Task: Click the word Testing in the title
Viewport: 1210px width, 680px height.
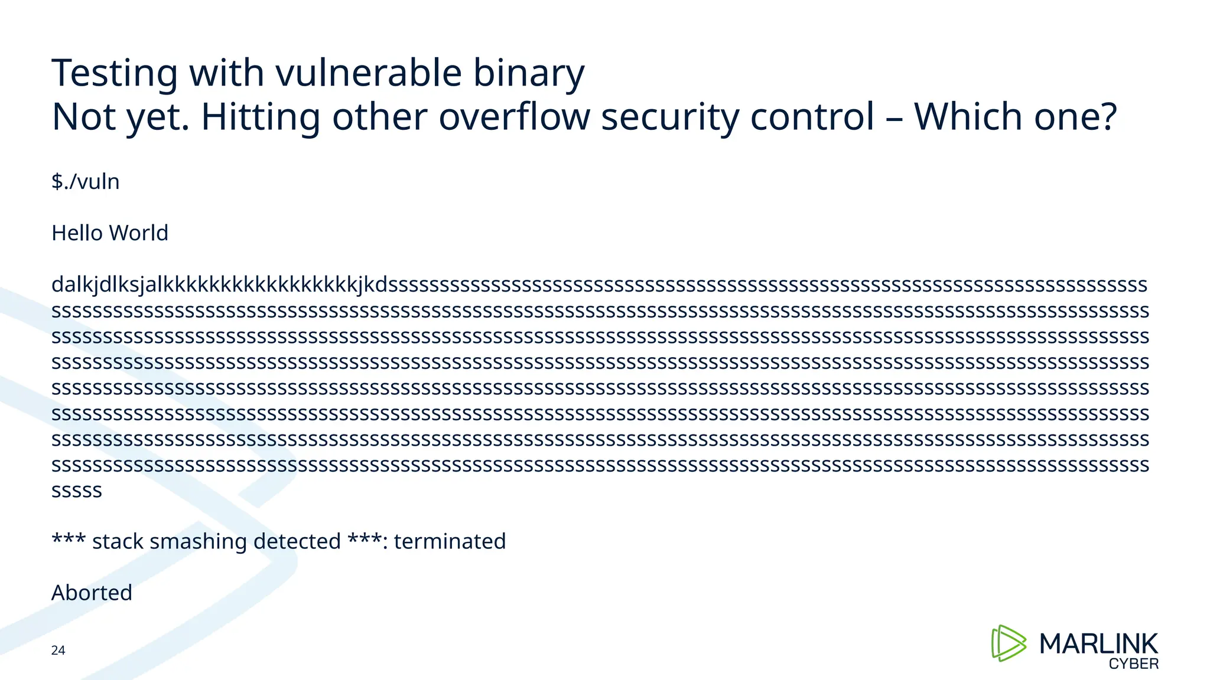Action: coord(115,74)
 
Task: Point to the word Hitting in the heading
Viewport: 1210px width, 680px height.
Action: coord(261,117)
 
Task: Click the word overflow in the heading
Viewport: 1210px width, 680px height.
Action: coord(514,116)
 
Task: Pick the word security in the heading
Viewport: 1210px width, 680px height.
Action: coord(670,117)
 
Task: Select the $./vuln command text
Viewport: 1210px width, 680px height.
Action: coord(86,182)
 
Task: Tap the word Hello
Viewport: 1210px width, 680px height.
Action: coord(77,233)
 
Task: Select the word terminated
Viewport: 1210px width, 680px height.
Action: coord(450,541)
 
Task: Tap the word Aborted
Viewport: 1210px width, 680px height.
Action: coord(92,593)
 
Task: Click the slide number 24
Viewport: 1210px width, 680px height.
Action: coord(58,650)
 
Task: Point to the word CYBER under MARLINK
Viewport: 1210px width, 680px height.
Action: coord(1133,664)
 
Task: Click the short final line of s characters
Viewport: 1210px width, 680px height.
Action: coord(77,491)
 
